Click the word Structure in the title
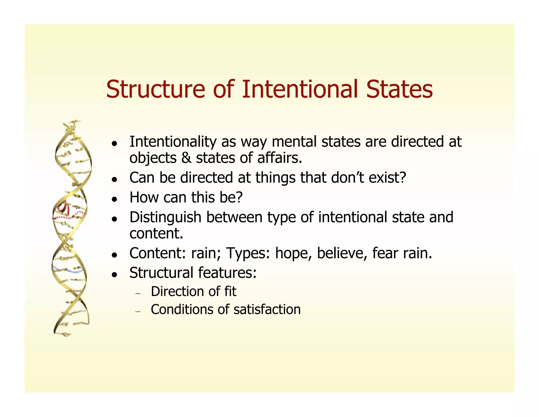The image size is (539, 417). click(155, 89)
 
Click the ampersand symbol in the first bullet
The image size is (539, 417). click(186, 158)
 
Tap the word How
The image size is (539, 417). click(143, 197)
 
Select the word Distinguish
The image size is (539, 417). click(165, 217)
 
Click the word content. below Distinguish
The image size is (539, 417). click(156, 234)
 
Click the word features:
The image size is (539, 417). click(227, 273)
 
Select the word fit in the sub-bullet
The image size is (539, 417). click(230, 292)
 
